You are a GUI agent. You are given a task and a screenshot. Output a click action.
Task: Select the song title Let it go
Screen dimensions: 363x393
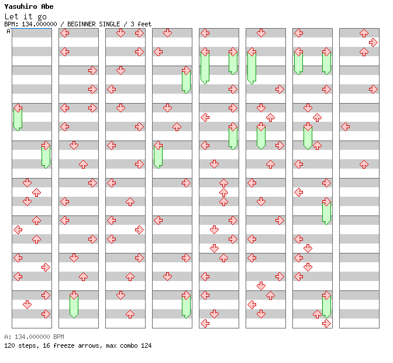pos(25,16)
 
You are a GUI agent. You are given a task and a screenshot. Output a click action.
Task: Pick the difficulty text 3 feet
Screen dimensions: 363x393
pos(140,24)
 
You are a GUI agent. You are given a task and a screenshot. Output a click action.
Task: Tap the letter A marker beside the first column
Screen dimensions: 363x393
pos(9,31)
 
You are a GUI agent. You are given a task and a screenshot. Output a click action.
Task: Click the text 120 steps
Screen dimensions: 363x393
pos(20,345)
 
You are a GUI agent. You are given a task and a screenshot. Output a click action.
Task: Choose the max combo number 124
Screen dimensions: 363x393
pos(146,345)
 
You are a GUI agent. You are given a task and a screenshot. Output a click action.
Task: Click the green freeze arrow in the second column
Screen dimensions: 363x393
pos(74,304)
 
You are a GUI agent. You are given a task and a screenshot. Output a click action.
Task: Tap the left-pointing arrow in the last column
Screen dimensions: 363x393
pos(346,126)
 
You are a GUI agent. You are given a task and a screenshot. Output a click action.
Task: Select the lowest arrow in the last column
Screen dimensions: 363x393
pos(364,164)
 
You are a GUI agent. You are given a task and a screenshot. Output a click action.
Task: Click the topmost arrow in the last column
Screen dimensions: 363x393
pos(364,33)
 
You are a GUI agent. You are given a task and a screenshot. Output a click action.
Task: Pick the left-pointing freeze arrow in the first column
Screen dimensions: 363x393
pos(18,117)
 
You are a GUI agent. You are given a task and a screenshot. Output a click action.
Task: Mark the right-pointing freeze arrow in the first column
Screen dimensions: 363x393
pos(46,155)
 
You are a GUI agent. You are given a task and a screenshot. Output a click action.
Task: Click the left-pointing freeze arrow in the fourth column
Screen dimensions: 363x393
pos(158,155)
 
